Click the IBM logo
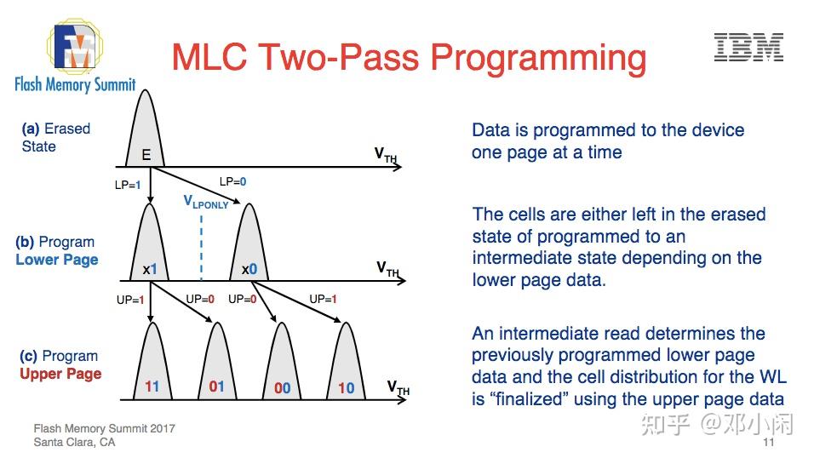[x=748, y=48]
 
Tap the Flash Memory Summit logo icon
[x=75, y=46]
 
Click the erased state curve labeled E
[x=146, y=129]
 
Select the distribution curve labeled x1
[x=150, y=244]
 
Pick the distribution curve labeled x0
[x=249, y=244]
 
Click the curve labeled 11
[x=152, y=364]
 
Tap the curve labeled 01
[x=217, y=364]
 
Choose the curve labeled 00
[x=282, y=364]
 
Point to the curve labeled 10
[x=346, y=364]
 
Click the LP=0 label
[x=232, y=181]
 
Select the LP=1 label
[x=128, y=185]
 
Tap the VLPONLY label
[x=206, y=202]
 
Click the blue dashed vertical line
[x=202, y=247]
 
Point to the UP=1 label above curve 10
[x=323, y=299]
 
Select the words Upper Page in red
[x=60, y=374]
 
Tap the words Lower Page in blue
[x=57, y=260]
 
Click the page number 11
[x=769, y=442]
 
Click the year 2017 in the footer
[x=163, y=428]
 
